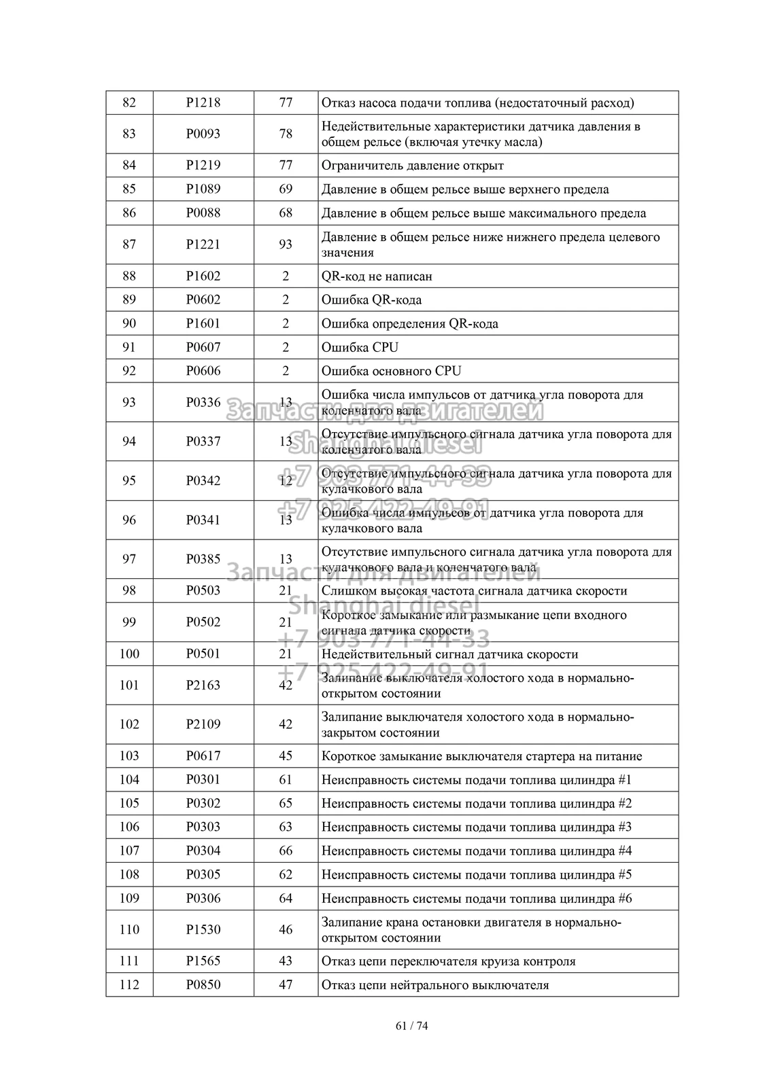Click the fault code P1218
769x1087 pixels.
click(203, 103)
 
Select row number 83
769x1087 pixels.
click(129, 134)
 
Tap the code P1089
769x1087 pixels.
click(203, 189)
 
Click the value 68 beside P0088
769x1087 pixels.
click(286, 213)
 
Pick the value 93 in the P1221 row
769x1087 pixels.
click(286, 245)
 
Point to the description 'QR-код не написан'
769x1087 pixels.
click(377, 276)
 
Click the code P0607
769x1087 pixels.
click(203, 347)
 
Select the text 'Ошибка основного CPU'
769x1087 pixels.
click(391, 371)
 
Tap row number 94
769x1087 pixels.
click(129, 442)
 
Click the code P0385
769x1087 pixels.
click(203, 559)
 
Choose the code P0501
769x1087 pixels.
click(203, 654)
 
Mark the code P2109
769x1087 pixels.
click(203, 724)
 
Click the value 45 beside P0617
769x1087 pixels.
click(286, 755)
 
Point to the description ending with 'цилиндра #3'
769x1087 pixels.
click(477, 827)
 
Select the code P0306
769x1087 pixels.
click(203, 898)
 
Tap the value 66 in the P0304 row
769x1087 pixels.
click(286, 851)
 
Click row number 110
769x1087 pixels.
click(129, 929)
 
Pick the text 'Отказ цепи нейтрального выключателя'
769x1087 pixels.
click(435, 984)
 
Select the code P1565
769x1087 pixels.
click(203, 961)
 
